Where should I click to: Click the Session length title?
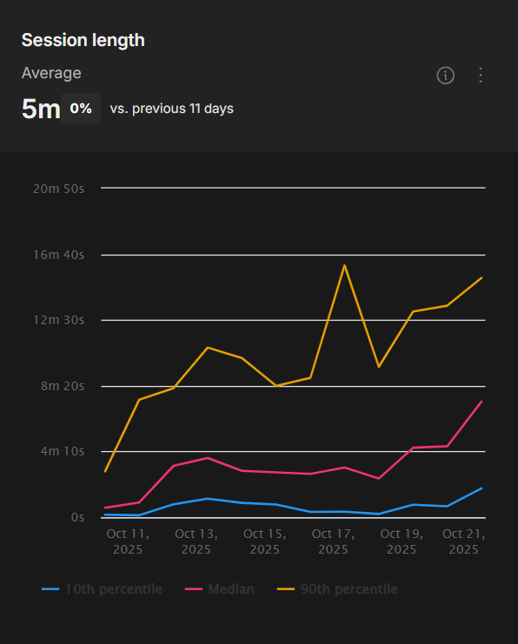(x=83, y=40)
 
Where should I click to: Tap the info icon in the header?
(x=445, y=76)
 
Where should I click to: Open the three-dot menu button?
(x=481, y=76)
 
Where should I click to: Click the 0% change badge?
(x=81, y=109)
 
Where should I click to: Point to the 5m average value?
(x=40, y=110)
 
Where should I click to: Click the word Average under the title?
(x=51, y=73)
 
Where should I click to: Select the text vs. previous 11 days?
(x=171, y=109)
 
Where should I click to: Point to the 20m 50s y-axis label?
(x=58, y=189)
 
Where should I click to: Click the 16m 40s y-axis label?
(x=58, y=255)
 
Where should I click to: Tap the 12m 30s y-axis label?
(x=58, y=320)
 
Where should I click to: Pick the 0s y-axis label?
(x=77, y=517)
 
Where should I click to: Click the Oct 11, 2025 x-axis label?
(x=128, y=541)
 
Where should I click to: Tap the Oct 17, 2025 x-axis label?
(x=333, y=541)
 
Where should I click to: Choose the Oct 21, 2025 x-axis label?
(x=463, y=541)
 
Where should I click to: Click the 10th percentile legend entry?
(x=103, y=589)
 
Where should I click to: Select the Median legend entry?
(x=221, y=589)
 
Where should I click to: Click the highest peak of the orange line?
(x=345, y=265)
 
